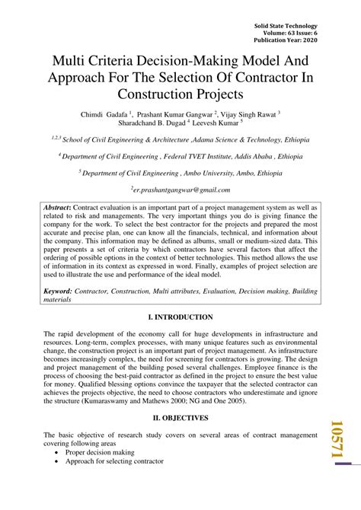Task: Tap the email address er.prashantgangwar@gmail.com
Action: point(181,190)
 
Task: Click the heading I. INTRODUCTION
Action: point(180,317)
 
